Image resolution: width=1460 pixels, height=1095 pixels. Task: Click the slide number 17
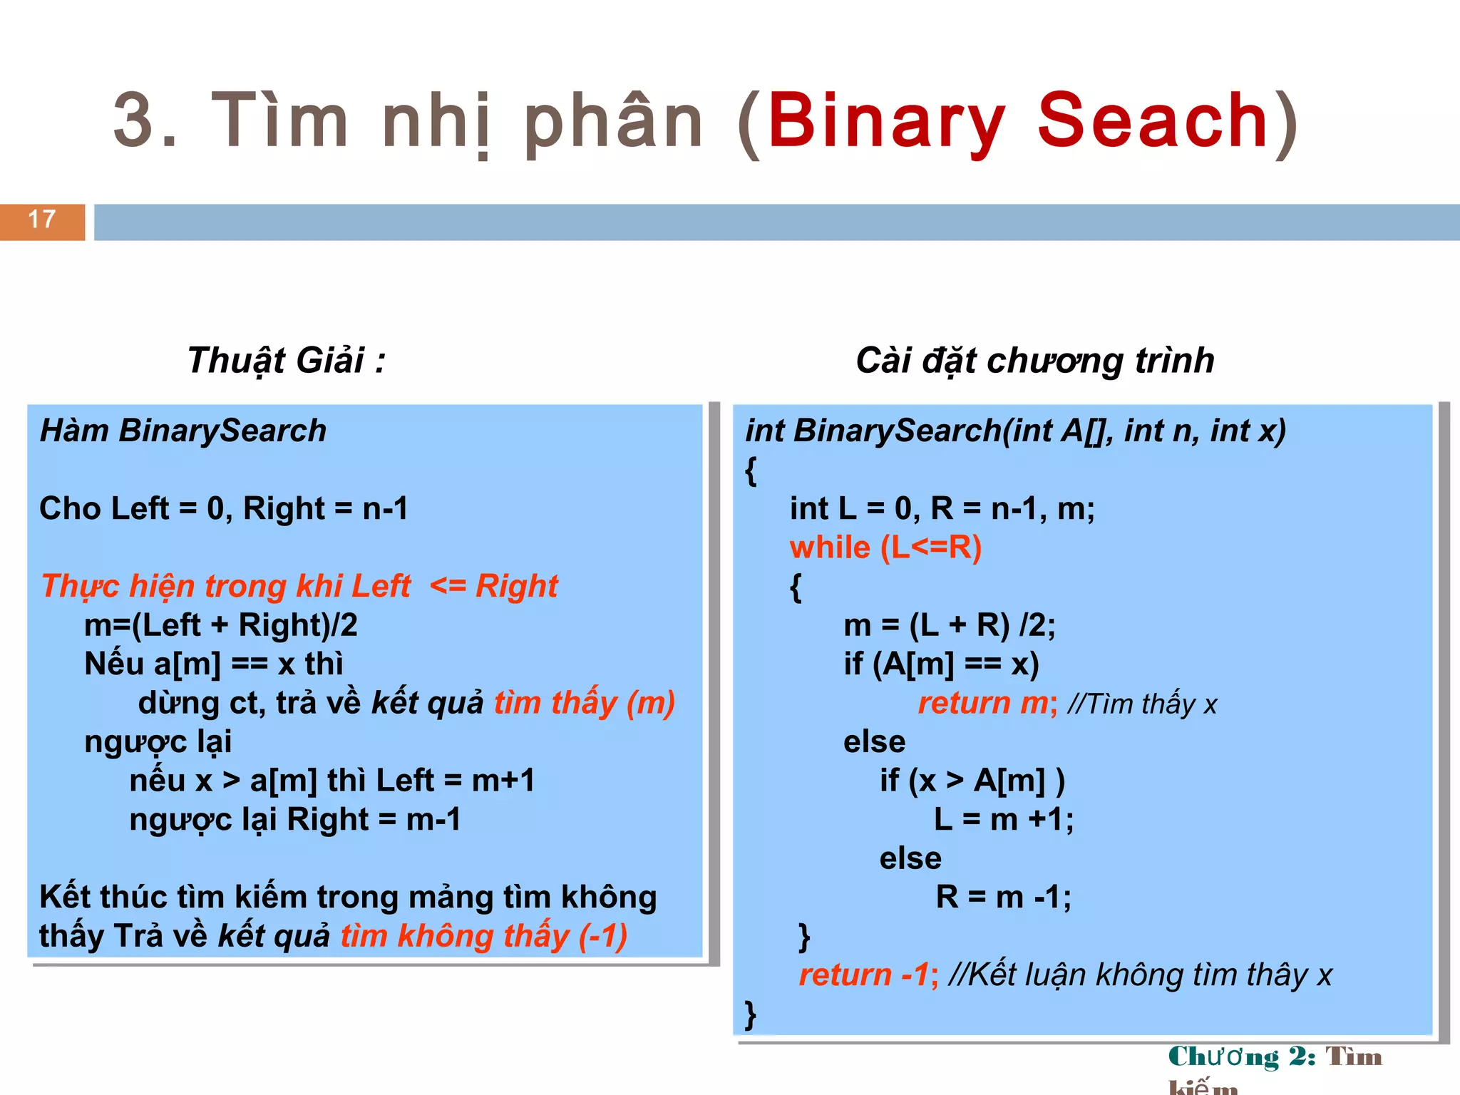[42, 220]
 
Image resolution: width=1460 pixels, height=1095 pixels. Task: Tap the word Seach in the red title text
[1152, 121]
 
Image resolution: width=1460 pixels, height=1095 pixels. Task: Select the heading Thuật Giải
[286, 361]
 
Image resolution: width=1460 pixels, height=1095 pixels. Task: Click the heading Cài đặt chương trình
[1034, 361]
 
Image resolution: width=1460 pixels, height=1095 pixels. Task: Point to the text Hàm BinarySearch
[183, 431]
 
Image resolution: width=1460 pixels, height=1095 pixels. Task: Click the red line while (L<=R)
[885, 547]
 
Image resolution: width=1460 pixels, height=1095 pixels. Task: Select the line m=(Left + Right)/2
[221, 625]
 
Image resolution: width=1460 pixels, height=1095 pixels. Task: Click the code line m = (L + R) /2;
[949, 625]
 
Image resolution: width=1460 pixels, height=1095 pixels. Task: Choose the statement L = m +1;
[1004, 820]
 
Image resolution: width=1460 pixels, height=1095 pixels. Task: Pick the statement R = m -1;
[1003, 898]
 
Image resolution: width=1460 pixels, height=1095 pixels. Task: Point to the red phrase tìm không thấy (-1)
[484, 937]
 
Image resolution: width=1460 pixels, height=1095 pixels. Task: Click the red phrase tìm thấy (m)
[585, 704]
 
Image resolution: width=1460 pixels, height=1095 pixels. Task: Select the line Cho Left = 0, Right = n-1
[224, 509]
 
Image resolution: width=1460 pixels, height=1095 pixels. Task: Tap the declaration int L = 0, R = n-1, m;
[942, 509]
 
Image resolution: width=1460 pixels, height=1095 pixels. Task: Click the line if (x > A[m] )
[972, 781]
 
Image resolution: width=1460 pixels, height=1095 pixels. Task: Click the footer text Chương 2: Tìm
[1275, 1057]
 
